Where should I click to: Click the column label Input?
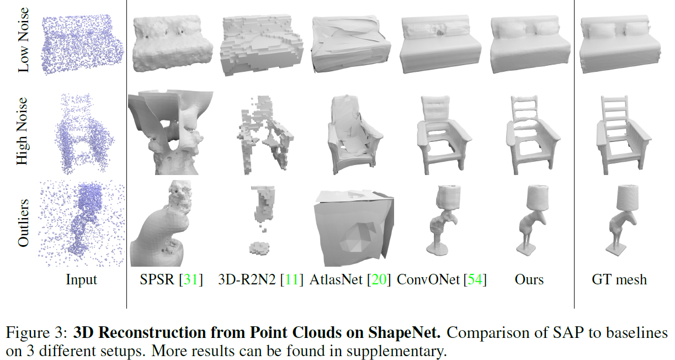(81, 280)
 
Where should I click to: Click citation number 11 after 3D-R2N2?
(292, 280)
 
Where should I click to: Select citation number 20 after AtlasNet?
(379, 280)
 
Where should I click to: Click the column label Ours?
(529, 280)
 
